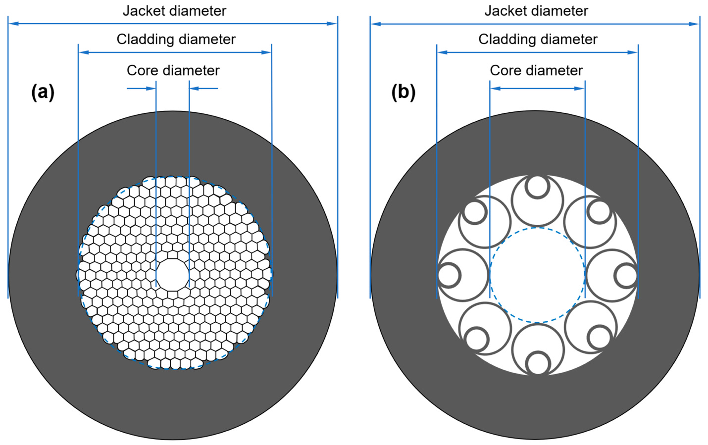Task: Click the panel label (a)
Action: pos(43,92)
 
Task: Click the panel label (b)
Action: pos(403,92)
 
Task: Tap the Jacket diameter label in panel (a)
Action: pos(174,11)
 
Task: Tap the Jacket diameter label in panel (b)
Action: pos(536,11)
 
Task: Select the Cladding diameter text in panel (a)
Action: pos(176,40)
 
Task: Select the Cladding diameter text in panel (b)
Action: pos(538,40)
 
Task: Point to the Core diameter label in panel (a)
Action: pos(173,70)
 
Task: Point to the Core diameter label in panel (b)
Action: pos(536,70)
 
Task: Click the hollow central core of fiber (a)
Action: pos(172,274)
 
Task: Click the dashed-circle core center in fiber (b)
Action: pos(537,275)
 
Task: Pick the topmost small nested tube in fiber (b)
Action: pos(537,187)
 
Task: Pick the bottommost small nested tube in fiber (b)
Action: pos(537,363)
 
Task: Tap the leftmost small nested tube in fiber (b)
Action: pos(449,275)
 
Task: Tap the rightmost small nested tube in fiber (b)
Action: pos(626,275)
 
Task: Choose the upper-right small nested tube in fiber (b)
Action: pos(599,212)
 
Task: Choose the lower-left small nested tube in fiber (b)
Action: pos(476,338)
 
